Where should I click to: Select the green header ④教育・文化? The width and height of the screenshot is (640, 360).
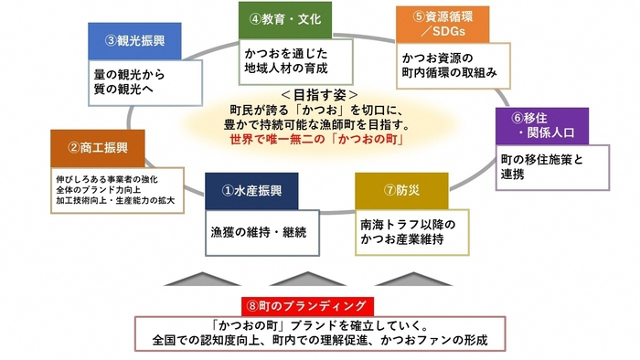284,18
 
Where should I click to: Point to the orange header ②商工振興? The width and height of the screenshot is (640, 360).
100,147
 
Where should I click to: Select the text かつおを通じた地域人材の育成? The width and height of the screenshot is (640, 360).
284,59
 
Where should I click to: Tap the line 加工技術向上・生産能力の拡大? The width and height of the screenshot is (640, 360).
115,198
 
